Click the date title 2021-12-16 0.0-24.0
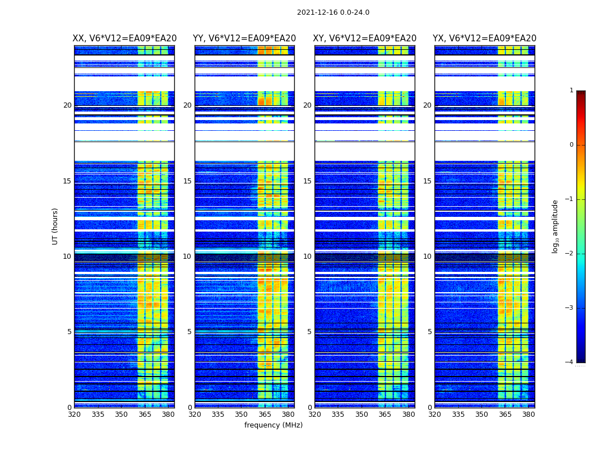pyautogui.click(x=333, y=12)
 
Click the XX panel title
pyautogui.click(x=124, y=39)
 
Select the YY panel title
pyautogui.click(x=244, y=39)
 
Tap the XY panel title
pyautogui.click(x=365, y=39)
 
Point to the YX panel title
pyautogui.click(x=484, y=39)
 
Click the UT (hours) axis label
pyautogui.click(x=55, y=226)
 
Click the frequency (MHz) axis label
pyautogui.click(x=273, y=425)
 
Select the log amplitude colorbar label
pyautogui.click(x=556, y=226)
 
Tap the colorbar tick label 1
pyautogui.click(x=571, y=91)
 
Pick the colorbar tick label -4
pyautogui.click(x=570, y=362)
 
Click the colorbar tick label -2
pyautogui.click(x=570, y=254)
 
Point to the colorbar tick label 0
pyautogui.click(x=571, y=145)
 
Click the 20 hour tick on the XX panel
pyautogui.click(x=67, y=105)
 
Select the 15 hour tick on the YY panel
pyautogui.click(x=187, y=181)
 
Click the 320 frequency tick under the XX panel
pyautogui.click(x=74, y=414)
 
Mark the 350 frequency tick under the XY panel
pyautogui.click(x=361, y=414)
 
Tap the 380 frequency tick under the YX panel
pyautogui.click(x=528, y=414)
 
